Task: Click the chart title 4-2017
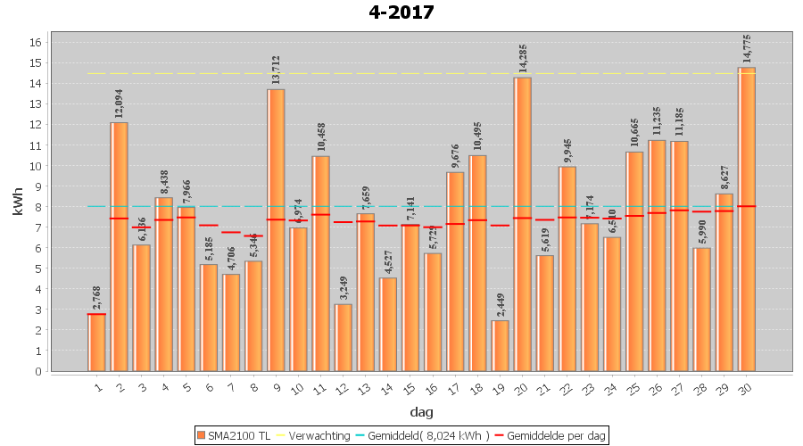(401, 12)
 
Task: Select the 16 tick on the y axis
(35, 42)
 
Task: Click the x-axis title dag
(421, 412)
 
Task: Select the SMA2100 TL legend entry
(234, 435)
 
